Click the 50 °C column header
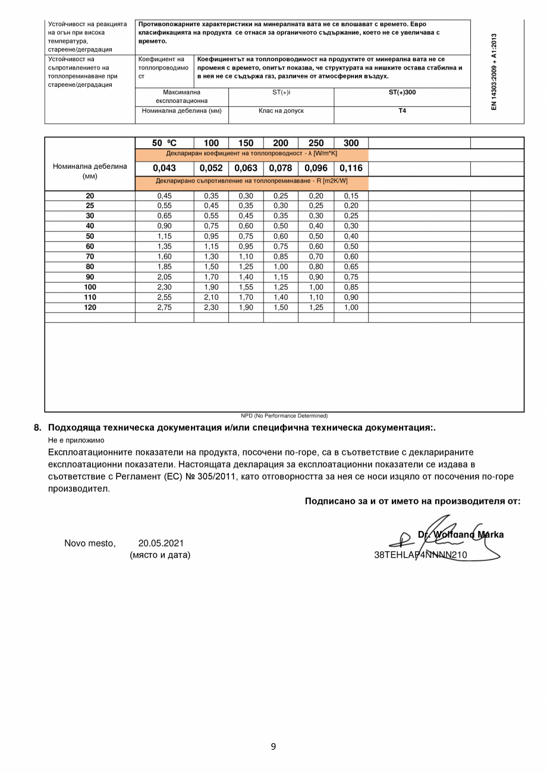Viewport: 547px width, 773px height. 164,143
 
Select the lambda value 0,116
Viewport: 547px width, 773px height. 351,168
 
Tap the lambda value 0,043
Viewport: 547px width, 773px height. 164,168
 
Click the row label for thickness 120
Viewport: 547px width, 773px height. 90,307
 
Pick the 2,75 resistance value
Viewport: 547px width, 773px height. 164,307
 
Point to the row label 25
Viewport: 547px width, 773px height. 90,205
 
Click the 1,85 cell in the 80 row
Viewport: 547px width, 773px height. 164,266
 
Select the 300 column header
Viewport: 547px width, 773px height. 351,143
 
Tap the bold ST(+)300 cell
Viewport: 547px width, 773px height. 402,93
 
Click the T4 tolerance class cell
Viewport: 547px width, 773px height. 402,111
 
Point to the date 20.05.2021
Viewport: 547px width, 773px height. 161,543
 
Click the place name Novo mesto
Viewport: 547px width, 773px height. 90,543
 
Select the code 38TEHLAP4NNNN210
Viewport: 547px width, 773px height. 420,555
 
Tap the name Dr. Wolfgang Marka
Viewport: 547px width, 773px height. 460,534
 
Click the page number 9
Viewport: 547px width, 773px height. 273,747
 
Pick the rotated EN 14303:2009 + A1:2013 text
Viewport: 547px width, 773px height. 493,71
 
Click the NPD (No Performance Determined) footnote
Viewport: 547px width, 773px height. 284,416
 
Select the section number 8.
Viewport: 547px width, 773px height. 37,428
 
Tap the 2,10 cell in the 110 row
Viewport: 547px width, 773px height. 211,297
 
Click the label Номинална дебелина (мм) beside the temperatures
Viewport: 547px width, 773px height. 90,171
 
